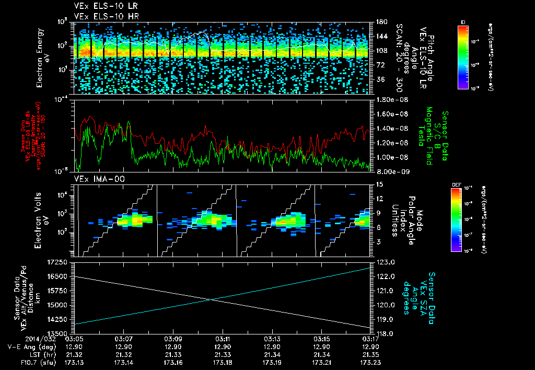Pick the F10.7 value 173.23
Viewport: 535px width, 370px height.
(x=370, y=362)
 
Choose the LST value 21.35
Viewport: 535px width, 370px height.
(x=370, y=354)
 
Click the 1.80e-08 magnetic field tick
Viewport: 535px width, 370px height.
(x=388, y=99)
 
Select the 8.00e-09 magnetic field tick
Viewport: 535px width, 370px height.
(x=388, y=171)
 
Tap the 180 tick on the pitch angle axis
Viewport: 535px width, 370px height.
(x=378, y=22)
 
